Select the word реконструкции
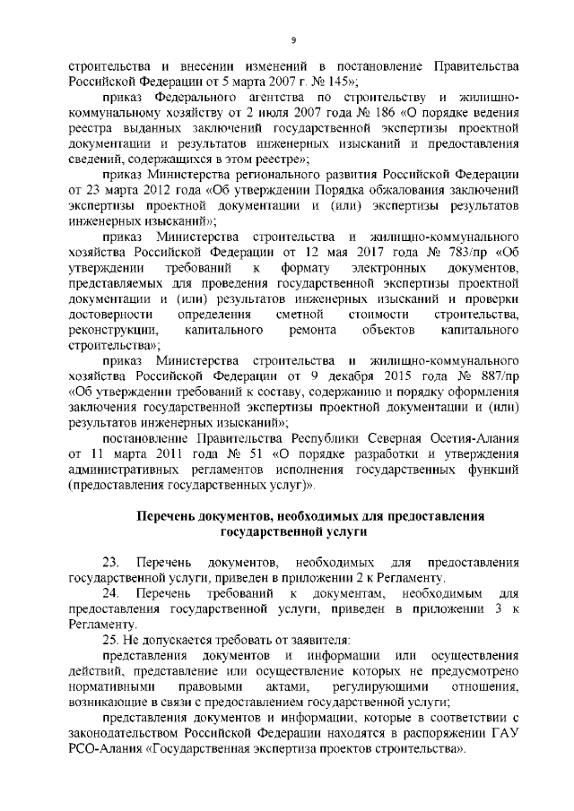click(x=111, y=331)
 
